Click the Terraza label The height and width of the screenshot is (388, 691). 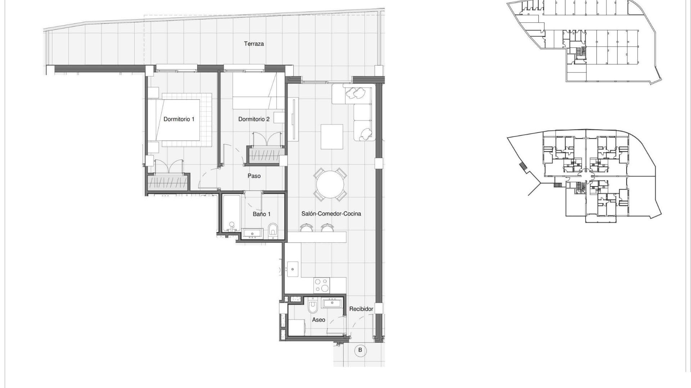point(254,44)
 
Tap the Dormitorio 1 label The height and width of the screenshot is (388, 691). point(179,119)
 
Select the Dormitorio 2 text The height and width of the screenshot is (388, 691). point(254,119)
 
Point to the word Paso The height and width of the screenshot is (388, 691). point(254,176)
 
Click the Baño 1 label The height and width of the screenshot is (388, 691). point(261,214)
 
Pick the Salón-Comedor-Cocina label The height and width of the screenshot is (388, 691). point(331,214)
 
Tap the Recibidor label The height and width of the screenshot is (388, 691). point(361,309)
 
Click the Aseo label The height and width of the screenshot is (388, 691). point(319,320)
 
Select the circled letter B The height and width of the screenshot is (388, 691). point(360,350)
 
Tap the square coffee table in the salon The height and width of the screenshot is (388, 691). point(332,137)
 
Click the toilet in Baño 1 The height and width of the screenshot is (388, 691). point(273,230)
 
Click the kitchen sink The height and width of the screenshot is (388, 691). point(293,269)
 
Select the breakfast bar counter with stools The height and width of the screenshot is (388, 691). point(317,236)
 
